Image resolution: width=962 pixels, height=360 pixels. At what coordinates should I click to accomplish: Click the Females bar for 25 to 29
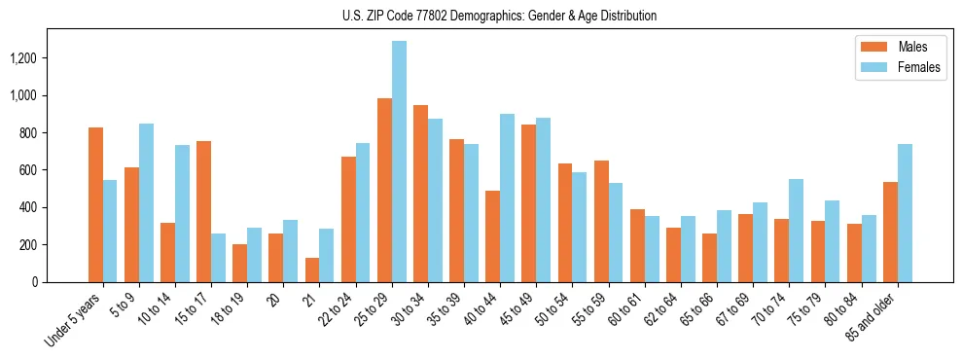tap(399, 162)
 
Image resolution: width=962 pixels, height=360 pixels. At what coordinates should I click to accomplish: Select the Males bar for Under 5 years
tap(95, 204)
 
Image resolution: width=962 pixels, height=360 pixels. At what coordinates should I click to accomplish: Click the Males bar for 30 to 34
tap(420, 194)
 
